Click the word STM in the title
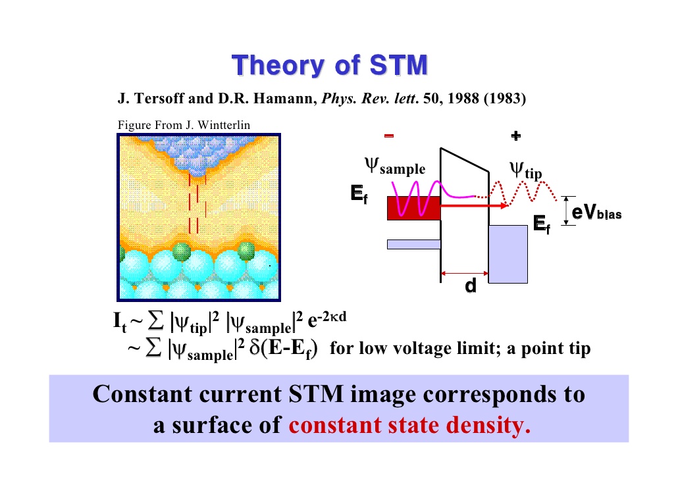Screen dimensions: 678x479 point(399,65)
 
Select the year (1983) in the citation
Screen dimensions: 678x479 point(505,99)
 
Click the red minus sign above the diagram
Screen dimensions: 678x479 point(389,136)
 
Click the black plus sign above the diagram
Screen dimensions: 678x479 point(515,136)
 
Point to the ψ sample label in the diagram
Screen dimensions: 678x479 point(395,166)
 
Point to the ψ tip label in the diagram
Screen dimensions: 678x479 point(525,170)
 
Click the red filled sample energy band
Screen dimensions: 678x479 point(414,208)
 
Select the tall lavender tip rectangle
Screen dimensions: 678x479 point(508,254)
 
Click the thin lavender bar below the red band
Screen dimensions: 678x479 point(414,244)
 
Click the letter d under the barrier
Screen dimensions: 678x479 point(471,286)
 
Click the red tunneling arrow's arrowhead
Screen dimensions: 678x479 point(504,205)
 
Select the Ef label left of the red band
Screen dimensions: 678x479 point(359,193)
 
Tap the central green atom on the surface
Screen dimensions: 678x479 point(182,251)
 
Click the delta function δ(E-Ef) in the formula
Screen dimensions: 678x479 point(284,349)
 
